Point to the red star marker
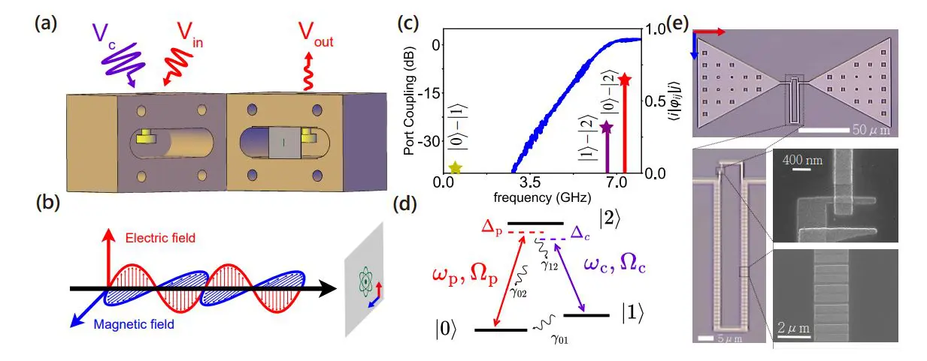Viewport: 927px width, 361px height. point(625,80)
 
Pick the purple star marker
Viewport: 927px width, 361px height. point(606,128)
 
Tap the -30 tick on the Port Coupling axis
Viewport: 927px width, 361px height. point(432,141)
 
